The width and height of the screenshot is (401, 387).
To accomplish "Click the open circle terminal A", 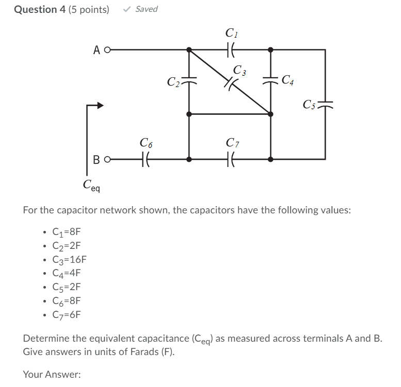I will [x=107, y=50].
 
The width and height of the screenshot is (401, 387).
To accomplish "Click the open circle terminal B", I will [x=107, y=160].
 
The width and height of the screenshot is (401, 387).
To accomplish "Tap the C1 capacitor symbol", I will [x=231, y=50].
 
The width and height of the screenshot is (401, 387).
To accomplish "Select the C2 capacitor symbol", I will [x=189, y=81].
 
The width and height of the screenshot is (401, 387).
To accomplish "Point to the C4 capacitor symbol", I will [x=271, y=80].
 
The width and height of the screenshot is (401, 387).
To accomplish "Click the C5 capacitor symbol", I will [x=325, y=105].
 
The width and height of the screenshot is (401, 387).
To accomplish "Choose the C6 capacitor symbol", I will [x=146, y=160].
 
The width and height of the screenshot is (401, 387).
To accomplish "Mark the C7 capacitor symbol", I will [x=231, y=160].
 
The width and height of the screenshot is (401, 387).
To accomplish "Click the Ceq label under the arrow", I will [x=92, y=184].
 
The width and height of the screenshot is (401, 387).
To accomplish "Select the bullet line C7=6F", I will [x=67, y=315].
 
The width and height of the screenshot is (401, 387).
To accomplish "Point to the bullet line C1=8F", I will [x=67, y=231].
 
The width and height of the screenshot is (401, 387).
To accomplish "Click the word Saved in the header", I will [x=146, y=9].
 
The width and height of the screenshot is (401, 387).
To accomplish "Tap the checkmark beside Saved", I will [x=127, y=9].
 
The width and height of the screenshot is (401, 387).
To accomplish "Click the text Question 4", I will [x=36, y=9].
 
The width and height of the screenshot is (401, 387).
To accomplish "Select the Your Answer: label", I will [x=52, y=375].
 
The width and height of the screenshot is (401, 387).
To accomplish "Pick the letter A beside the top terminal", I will [x=97, y=50].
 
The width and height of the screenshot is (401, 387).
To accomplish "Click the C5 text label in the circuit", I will [x=310, y=105].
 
